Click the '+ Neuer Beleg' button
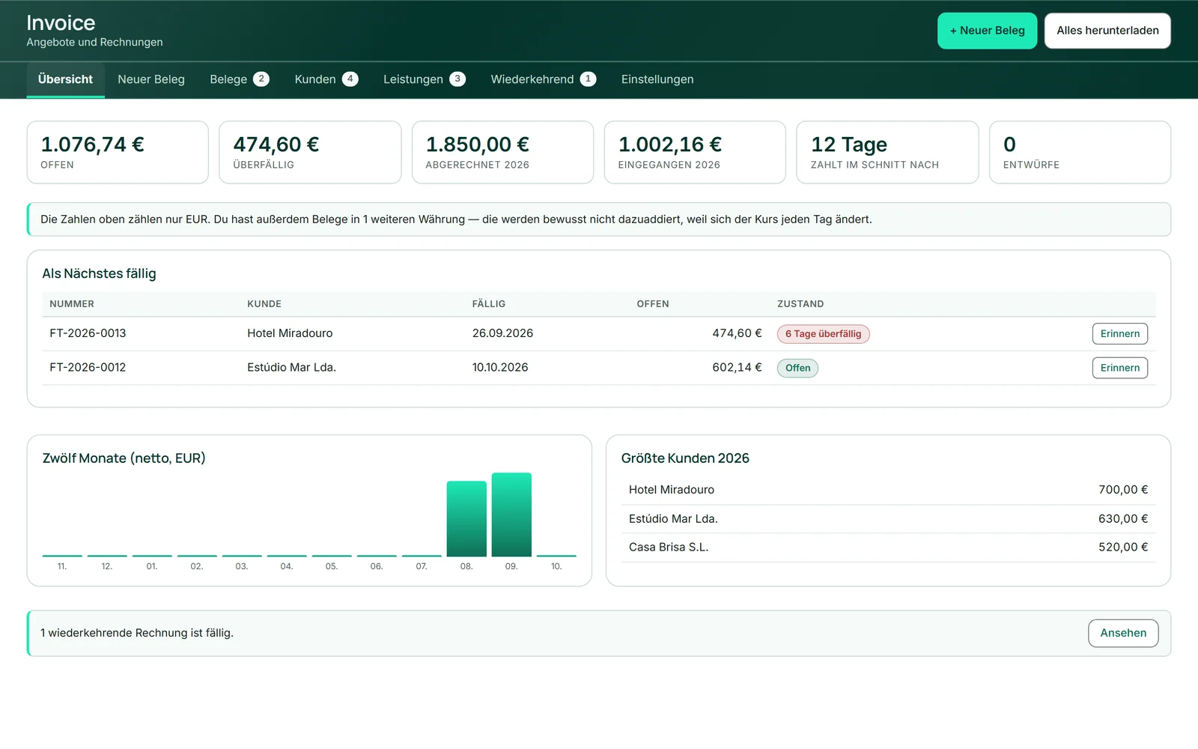tap(987, 31)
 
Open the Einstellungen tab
tap(657, 79)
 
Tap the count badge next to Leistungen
tap(457, 79)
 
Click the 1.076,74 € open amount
tap(93, 145)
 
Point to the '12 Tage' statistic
tap(849, 145)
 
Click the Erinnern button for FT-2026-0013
tap(1120, 334)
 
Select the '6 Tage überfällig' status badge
tap(823, 334)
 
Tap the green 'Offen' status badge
tap(797, 368)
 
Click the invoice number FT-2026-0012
tap(88, 368)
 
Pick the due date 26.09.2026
tap(502, 333)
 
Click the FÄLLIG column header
tap(489, 304)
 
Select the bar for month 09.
tap(512, 515)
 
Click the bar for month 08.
tap(467, 519)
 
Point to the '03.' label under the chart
tap(242, 566)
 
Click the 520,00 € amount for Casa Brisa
tap(1123, 548)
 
